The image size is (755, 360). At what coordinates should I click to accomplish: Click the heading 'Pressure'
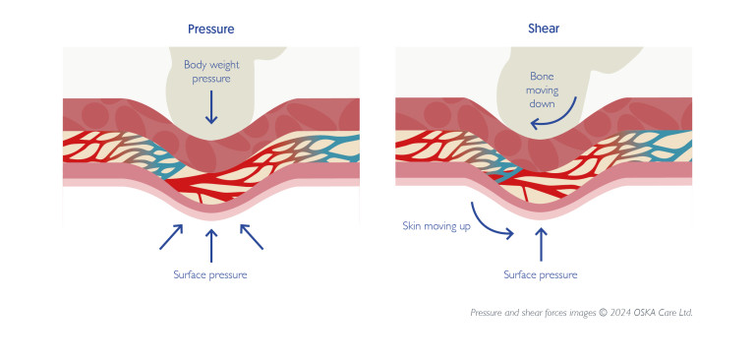[211, 29]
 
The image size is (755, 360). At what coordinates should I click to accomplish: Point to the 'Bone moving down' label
[543, 90]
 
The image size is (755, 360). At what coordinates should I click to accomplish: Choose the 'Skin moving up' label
[435, 226]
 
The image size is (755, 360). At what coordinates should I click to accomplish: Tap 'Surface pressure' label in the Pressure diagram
[210, 274]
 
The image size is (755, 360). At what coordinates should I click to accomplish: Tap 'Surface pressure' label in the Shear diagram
[540, 274]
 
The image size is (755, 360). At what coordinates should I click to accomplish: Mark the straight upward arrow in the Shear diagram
[540, 242]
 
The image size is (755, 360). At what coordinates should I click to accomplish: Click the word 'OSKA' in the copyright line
[644, 313]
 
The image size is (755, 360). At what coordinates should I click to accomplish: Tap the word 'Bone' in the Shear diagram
[543, 76]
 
